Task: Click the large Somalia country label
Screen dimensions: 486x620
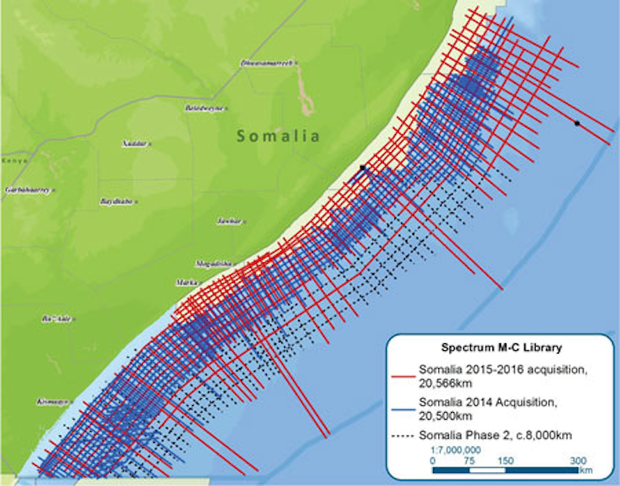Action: (x=278, y=136)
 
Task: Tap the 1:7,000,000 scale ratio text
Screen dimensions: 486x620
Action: (x=455, y=449)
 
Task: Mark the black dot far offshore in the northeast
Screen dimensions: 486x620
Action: (x=577, y=124)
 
